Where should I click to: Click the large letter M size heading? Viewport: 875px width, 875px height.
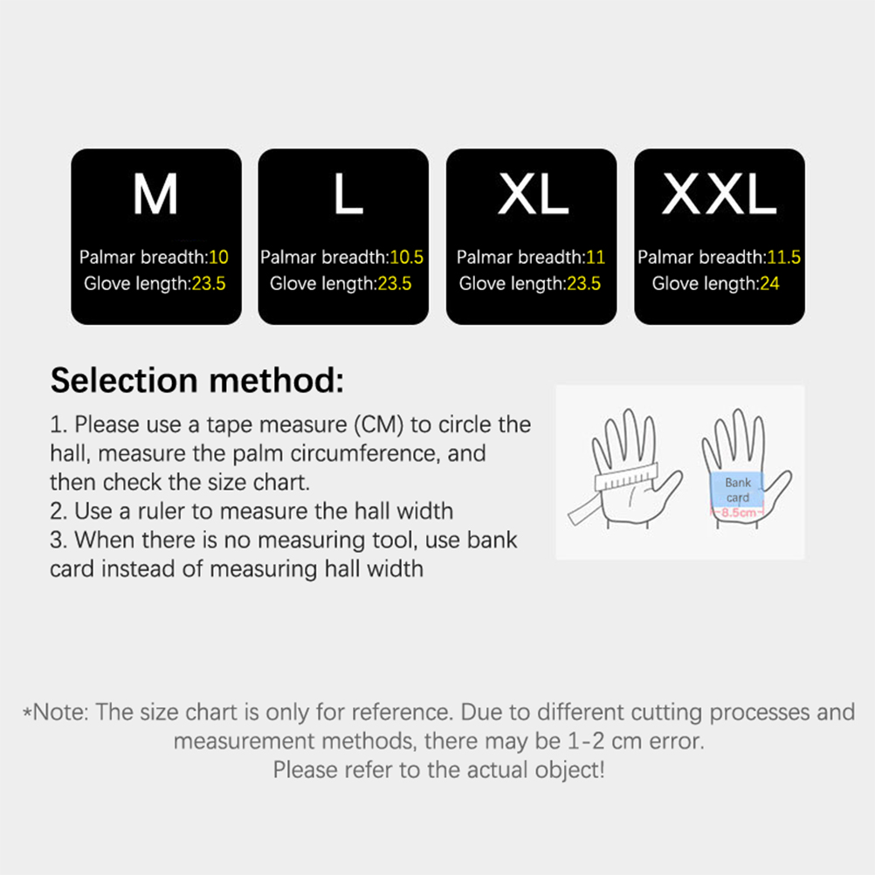click(155, 194)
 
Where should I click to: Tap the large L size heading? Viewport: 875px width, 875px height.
click(348, 194)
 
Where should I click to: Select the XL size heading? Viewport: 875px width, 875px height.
click(533, 194)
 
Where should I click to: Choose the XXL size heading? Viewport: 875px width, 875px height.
click(720, 194)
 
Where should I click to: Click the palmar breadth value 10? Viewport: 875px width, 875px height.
click(218, 258)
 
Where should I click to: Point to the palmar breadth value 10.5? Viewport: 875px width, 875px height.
click(406, 258)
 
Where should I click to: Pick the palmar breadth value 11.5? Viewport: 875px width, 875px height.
click(784, 258)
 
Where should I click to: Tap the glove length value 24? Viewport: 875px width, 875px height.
click(769, 284)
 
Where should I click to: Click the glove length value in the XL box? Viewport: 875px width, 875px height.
click(583, 284)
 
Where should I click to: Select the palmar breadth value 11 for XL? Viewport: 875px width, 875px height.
click(596, 258)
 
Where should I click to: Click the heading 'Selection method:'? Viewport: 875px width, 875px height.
click(197, 381)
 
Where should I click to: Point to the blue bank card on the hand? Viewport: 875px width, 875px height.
click(737, 489)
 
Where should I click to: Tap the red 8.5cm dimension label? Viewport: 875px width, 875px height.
click(739, 513)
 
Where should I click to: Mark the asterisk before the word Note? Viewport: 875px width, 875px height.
click(27, 713)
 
